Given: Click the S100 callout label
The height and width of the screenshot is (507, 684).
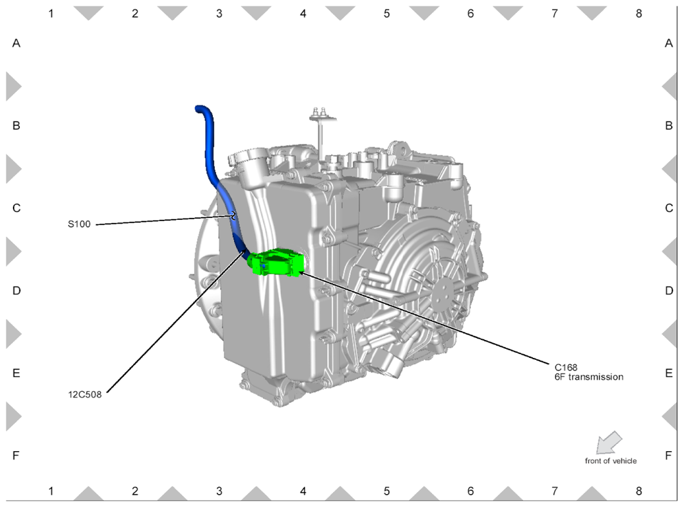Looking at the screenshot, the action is click(x=79, y=224).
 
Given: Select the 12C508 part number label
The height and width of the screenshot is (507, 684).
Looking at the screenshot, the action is click(x=85, y=395).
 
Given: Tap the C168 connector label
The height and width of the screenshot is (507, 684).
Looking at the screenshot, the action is click(x=566, y=368).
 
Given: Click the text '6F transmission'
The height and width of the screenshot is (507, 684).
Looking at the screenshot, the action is click(x=589, y=377).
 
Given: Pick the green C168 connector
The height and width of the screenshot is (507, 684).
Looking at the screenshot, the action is click(x=276, y=262).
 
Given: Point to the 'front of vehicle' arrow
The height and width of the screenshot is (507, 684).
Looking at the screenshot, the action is click(x=609, y=443).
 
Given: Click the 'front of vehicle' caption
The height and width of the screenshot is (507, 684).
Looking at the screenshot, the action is click(x=611, y=461).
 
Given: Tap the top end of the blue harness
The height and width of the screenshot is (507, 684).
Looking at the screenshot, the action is click(x=199, y=108).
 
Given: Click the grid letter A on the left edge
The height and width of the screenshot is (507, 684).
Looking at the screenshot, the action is click(x=16, y=43).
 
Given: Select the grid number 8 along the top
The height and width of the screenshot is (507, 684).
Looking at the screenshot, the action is click(x=638, y=14).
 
